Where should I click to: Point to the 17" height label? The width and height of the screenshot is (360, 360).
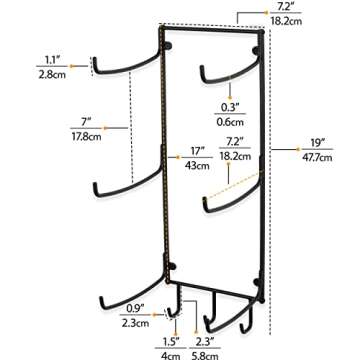tap(198, 151)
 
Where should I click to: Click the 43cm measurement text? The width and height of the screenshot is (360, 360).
tap(198, 166)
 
